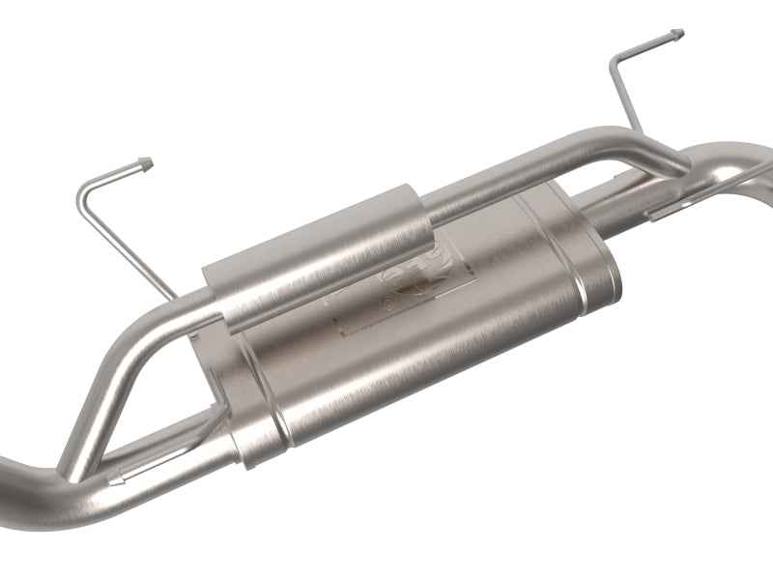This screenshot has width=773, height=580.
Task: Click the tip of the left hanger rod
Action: [145, 162]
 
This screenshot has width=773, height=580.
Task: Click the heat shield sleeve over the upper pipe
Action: [319, 256]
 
